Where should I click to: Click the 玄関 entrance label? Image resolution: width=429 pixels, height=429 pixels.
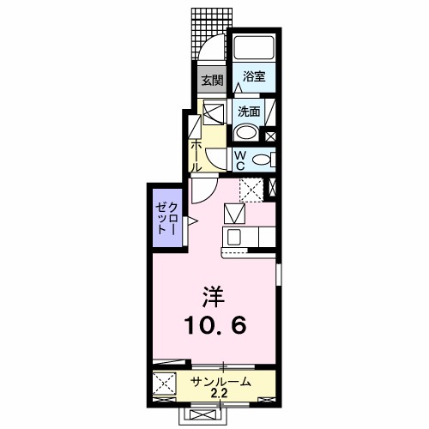tap(211, 82)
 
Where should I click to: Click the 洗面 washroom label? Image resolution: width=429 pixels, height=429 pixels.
tap(249, 111)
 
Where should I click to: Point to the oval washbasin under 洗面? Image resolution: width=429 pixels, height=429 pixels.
tap(246, 132)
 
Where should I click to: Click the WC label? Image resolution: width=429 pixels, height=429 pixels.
tap(241, 160)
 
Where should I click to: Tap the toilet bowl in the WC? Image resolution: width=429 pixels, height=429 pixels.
tap(262, 159)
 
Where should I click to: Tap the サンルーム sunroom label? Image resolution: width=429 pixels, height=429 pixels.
tap(221, 381)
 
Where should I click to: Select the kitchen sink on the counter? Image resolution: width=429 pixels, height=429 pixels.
tap(233, 235)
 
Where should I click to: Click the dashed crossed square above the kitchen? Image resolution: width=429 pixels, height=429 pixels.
tap(251, 189)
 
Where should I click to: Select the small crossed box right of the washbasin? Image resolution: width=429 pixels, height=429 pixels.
tap(271, 134)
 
